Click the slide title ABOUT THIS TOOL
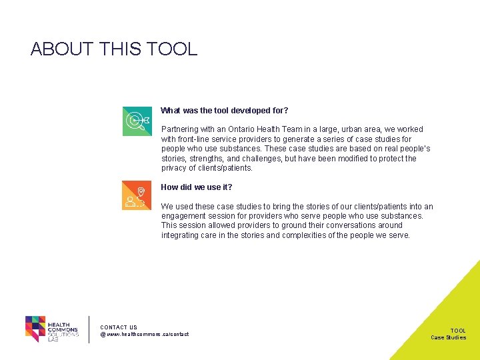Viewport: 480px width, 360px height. pos(114,49)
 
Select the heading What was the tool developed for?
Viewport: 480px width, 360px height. pos(225,111)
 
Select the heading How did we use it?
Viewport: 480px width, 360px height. pos(197,187)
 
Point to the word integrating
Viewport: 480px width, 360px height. pos(180,235)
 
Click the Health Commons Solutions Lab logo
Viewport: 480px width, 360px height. pos(52,329)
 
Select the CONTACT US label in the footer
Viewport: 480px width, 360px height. pos(119,327)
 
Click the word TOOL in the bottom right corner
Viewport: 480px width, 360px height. pos(458,331)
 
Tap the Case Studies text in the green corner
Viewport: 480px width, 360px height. pos(448,337)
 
